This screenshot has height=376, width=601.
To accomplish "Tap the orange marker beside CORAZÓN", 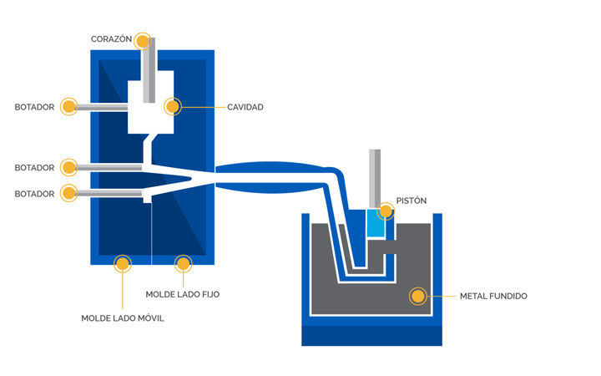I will tap(143, 40).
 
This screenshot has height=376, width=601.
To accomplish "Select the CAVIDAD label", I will tap(245, 107).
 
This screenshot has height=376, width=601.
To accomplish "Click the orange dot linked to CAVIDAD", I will tap(172, 107).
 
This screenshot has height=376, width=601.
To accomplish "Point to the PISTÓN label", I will tap(411, 201).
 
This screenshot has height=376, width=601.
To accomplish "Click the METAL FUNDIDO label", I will tap(493, 296).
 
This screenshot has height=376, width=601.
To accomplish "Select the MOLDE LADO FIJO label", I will tap(182, 294).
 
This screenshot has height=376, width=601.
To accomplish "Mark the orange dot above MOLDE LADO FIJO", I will tap(184, 264).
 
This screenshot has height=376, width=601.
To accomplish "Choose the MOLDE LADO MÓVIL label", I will tap(122, 318).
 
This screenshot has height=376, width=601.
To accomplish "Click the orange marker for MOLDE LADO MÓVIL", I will tap(123, 264).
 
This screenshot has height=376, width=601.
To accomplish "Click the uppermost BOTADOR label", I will tap(34, 107).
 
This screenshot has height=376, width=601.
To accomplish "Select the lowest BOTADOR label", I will tap(34, 194).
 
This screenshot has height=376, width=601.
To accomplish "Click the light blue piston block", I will tap(375, 223).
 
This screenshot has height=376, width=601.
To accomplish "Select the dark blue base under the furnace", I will tap(371, 335).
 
